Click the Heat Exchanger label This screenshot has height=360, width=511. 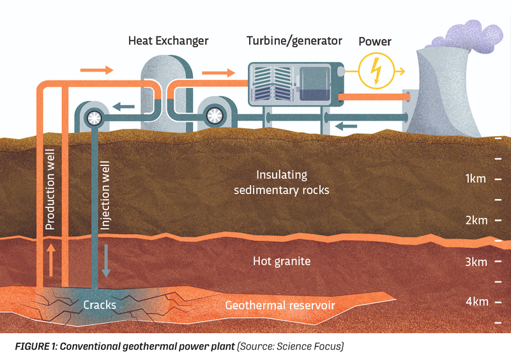[x=168, y=41]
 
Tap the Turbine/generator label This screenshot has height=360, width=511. [x=294, y=41]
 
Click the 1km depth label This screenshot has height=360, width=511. [x=477, y=179]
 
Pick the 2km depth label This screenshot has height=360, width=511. [x=477, y=220]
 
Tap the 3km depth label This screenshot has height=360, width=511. [x=477, y=262]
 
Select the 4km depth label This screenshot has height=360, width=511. [x=477, y=301]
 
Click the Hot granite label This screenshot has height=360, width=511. [x=282, y=260]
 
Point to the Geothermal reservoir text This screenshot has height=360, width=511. [x=280, y=305]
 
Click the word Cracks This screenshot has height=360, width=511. [x=100, y=304]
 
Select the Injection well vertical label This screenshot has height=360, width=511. [x=106, y=191]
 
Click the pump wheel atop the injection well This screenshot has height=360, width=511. [x=94, y=117]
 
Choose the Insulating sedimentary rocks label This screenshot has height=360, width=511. [x=281, y=182]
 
